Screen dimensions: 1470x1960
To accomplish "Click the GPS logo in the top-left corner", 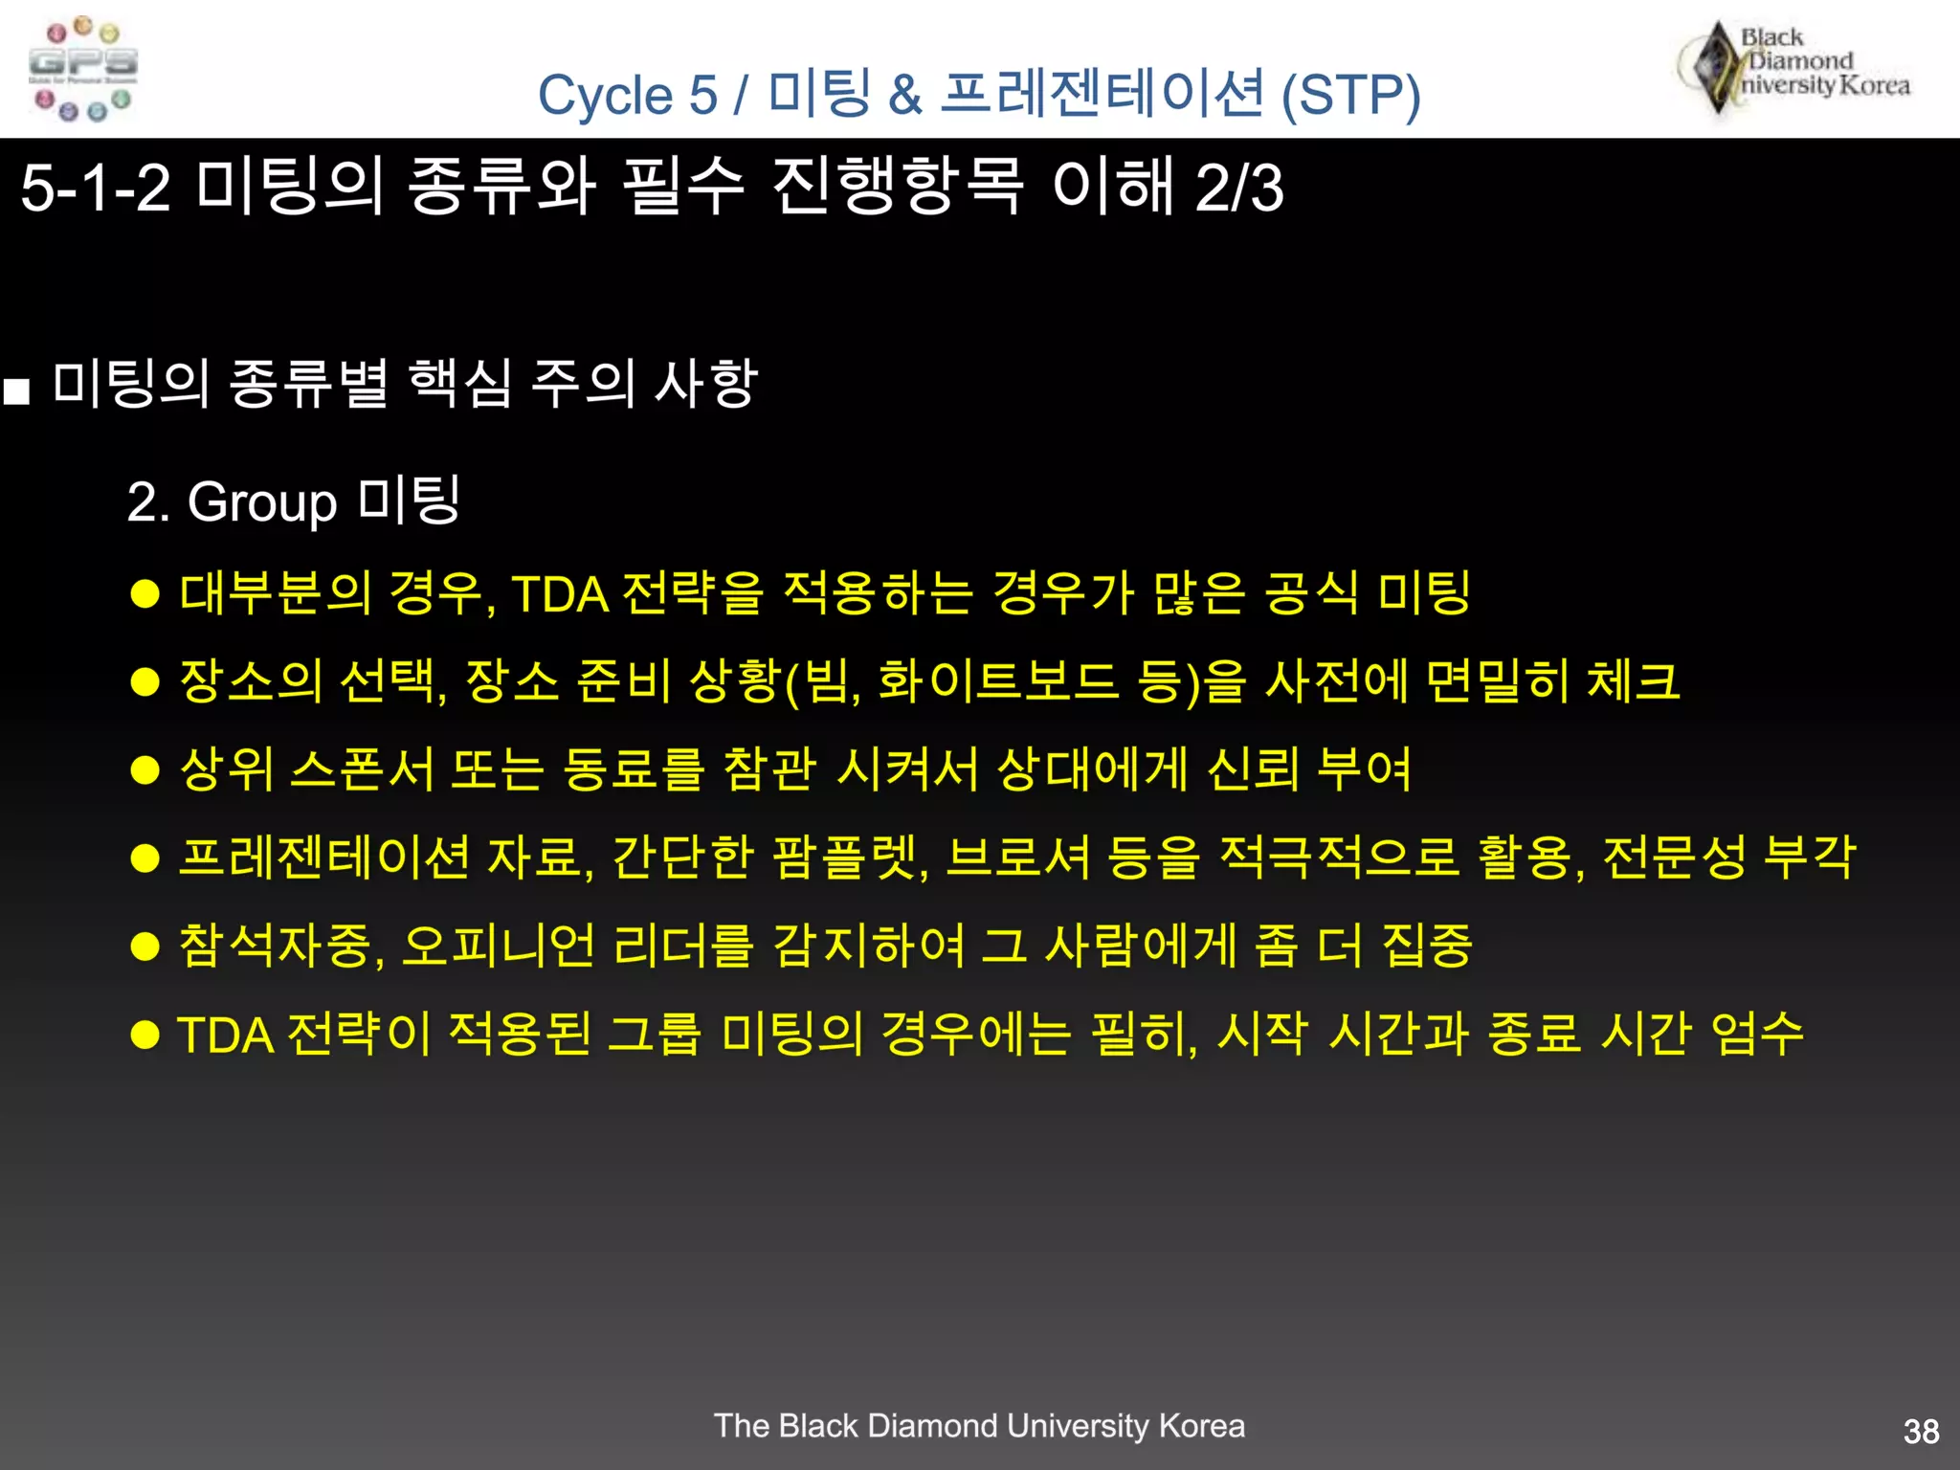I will (x=82, y=69).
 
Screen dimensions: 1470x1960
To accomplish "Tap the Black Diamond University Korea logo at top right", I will (x=1795, y=65).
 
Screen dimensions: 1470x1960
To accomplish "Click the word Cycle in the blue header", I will (x=606, y=96).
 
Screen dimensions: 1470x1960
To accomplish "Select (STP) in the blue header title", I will (x=1350, y=96).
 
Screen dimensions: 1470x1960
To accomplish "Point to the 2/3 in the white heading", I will (x=1238, y=188).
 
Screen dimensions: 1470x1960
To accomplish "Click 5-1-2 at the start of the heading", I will (x=95, y=188).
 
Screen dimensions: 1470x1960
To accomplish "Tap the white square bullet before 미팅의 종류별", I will (x=16, y=391).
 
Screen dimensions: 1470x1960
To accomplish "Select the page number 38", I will (x=1921, y=1432).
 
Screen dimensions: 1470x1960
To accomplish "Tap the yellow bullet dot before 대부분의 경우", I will (x=145, y=594).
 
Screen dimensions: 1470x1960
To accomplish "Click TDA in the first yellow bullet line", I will (x=560, y=594).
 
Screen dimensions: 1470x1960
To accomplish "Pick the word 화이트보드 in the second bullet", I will (x=996, y=681).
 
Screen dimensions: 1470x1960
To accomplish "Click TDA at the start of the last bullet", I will (x=226, y=1035).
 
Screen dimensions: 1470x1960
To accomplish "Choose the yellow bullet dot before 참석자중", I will (x=145, y=947).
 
